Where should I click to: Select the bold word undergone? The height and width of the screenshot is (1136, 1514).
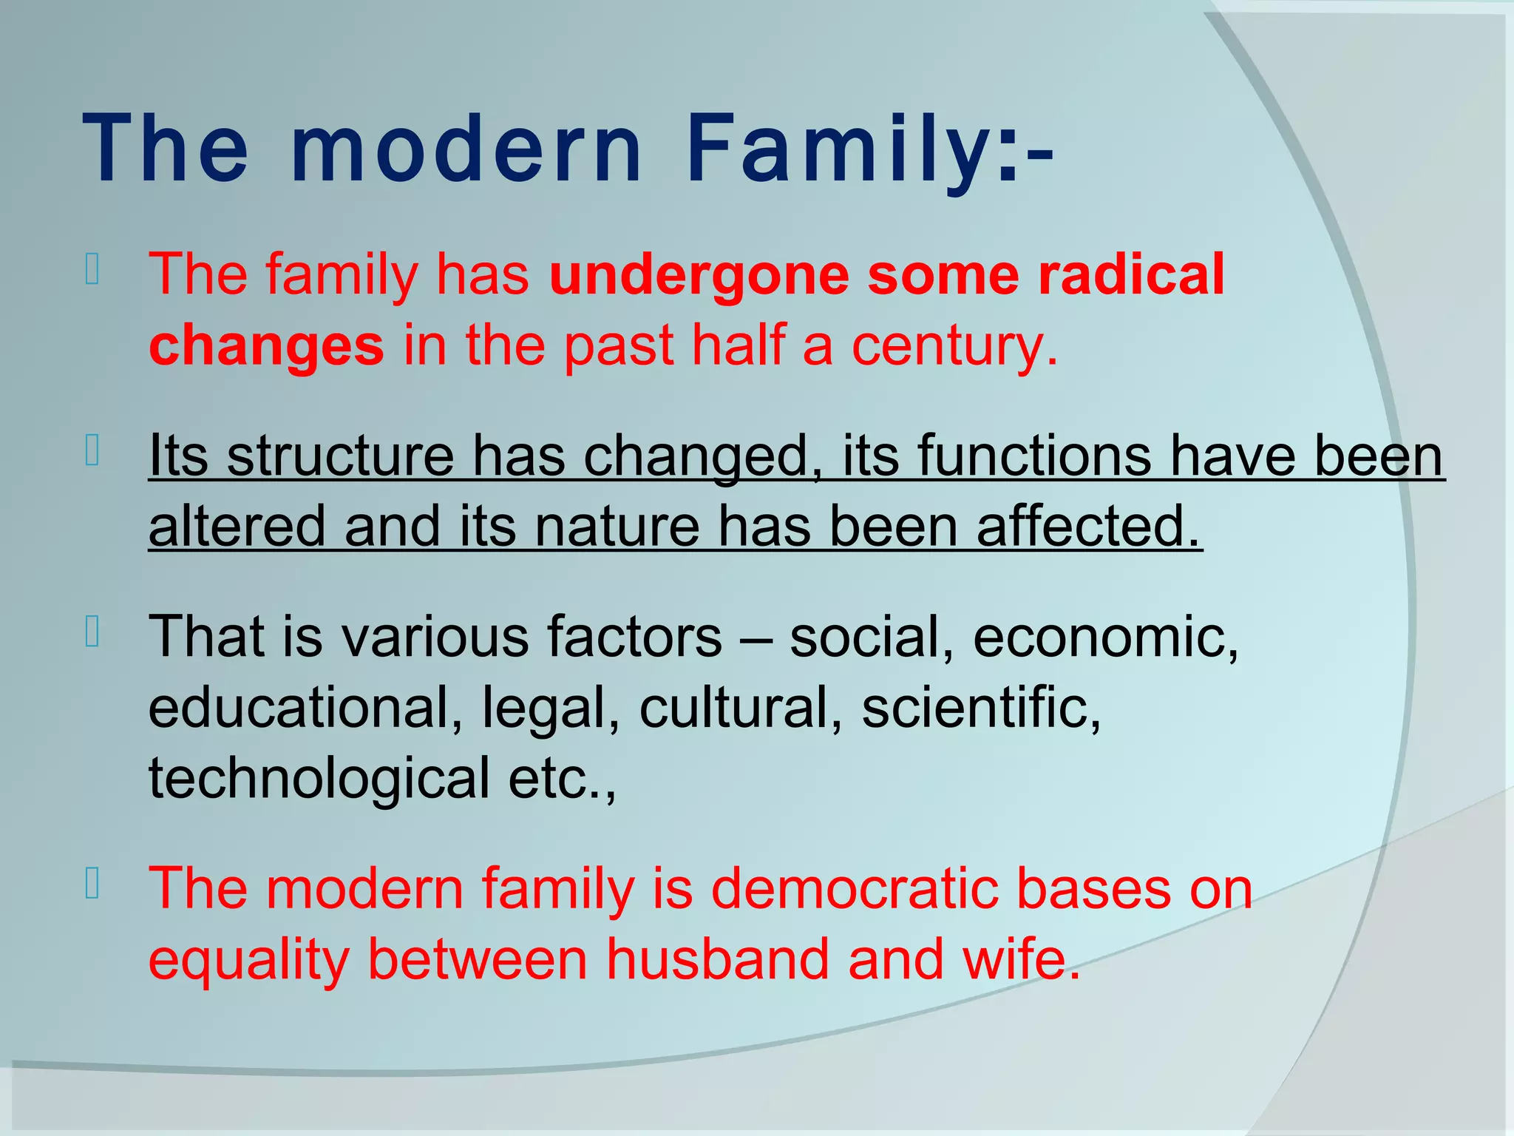(699, 274)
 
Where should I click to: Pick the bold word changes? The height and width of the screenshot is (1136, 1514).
(266, 346)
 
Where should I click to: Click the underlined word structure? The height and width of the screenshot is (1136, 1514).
(340, 456)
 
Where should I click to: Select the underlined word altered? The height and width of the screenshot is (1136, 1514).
(237, 527)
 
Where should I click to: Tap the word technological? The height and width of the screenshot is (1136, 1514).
(319, 778)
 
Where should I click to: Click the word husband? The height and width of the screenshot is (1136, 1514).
(717, 960)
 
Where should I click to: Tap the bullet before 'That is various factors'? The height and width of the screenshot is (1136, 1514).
(92, 632)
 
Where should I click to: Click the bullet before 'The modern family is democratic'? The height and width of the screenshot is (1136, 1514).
(92, 884)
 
